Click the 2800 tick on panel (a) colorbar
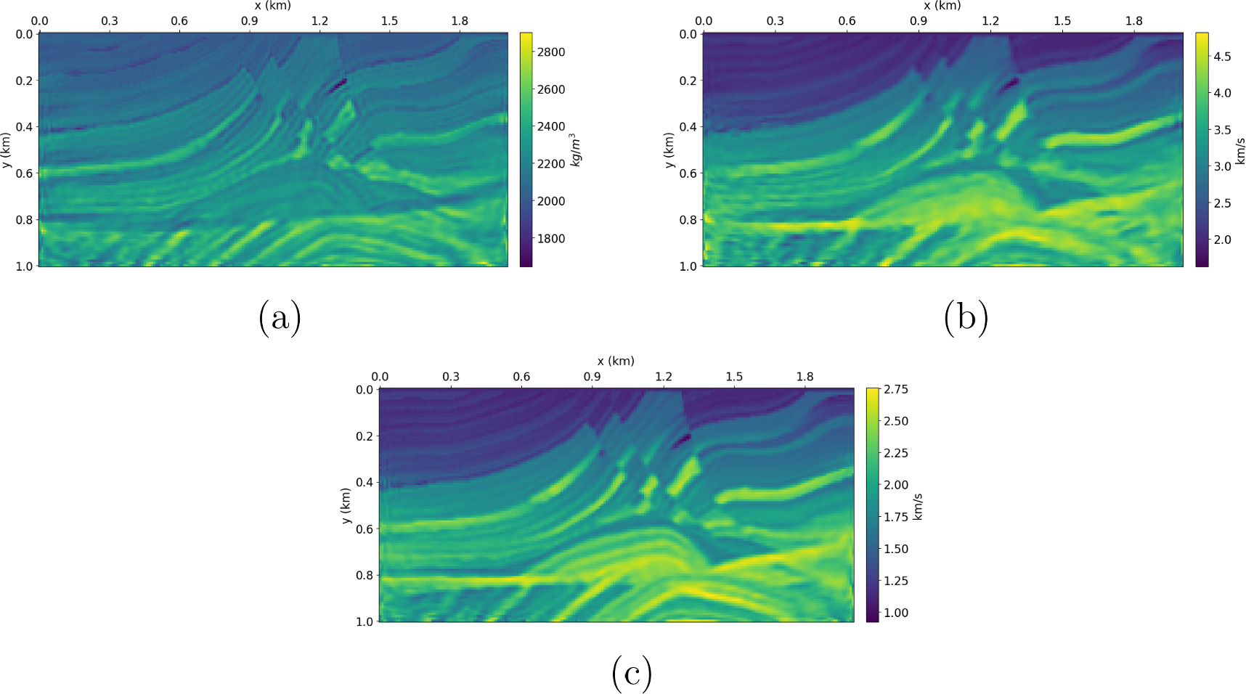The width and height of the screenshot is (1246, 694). point(550,52)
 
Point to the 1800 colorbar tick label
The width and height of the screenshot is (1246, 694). point(550,239)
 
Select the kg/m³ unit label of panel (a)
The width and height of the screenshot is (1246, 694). point(575,150)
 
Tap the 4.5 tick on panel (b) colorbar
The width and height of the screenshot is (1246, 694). point(1222,57)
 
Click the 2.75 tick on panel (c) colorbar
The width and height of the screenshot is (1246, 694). point(895,390)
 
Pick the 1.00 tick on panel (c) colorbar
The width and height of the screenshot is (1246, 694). point(895,613)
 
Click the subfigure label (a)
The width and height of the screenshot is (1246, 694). point(280,317)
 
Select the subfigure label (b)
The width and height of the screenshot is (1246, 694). point(966,317)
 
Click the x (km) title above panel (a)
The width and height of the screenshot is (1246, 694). point(272,6)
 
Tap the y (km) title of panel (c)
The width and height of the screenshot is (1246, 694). point(346,505)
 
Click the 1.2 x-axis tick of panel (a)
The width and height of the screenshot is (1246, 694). point(319,21)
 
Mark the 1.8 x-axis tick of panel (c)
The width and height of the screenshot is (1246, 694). point(805,377)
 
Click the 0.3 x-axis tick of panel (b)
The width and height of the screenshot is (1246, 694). point(775,21)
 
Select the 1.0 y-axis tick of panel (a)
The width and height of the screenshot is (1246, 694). point(24,266)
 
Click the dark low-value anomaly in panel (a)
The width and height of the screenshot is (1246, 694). point(338,86)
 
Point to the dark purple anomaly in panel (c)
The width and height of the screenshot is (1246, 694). point(681,441)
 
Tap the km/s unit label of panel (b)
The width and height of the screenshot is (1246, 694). point(1240,150)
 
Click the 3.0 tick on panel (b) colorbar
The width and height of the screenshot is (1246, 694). point(1222,166)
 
